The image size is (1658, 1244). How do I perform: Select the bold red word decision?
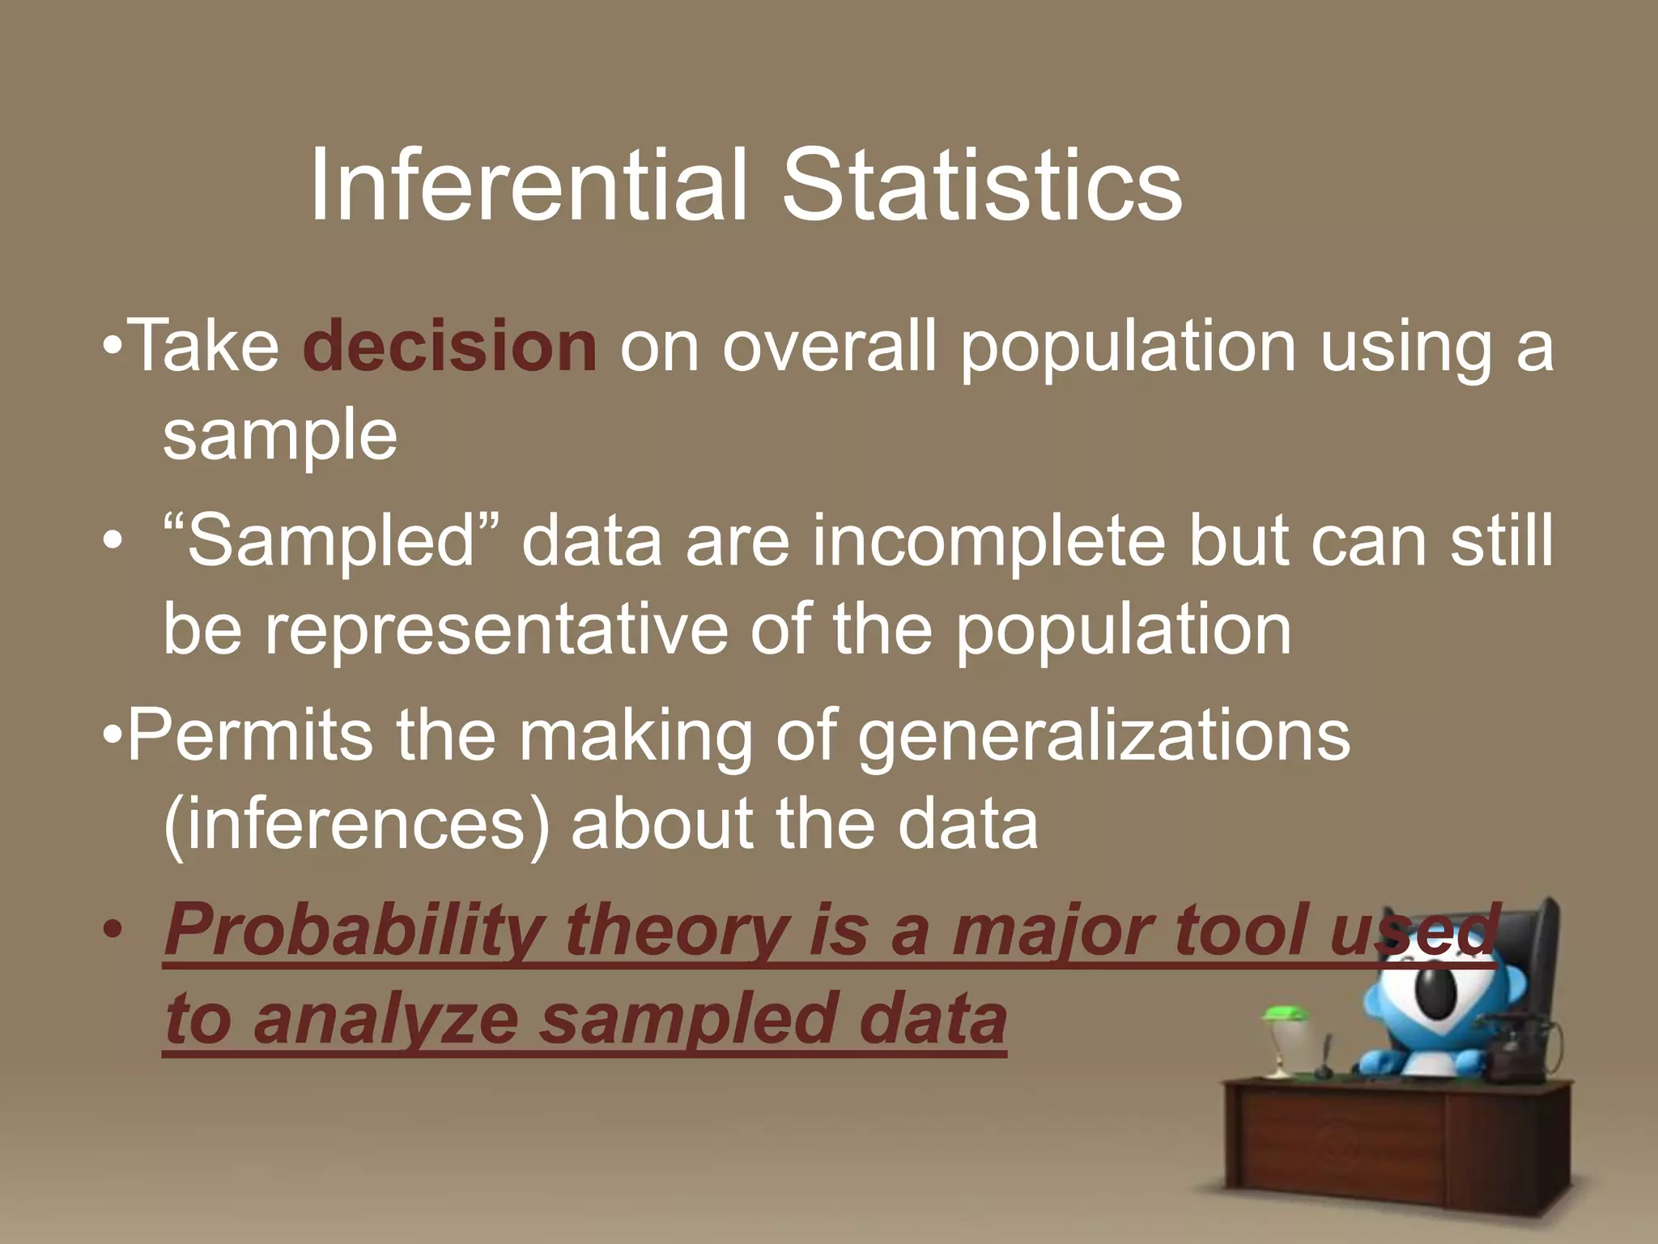tap(450, 347)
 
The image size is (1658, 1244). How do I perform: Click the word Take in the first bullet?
tap(204, 347)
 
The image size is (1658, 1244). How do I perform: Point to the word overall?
tap(829, 347)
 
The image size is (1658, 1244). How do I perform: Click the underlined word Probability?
tap(354, 931)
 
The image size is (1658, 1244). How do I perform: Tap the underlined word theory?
tap(675, 931)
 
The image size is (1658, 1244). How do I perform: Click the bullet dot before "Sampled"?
tap(113, 541)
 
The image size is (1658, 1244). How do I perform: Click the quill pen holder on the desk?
tap(1325, 1061)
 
